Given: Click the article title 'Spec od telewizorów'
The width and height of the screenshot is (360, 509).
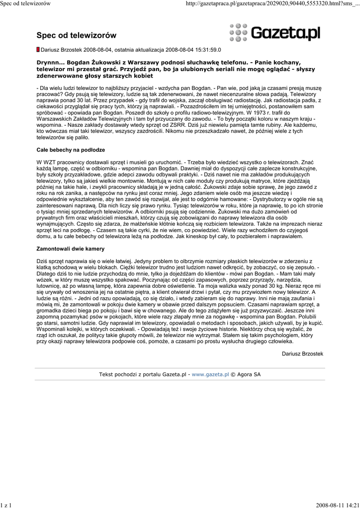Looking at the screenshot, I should coord(76,35).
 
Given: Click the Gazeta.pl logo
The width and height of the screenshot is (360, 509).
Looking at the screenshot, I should coord(274,33).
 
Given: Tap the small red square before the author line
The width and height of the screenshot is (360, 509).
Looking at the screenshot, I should coord(38,50).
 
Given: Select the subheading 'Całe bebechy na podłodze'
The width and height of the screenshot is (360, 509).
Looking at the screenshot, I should coord(71,150).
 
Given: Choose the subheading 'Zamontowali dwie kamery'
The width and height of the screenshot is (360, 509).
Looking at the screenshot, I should coord(71,248).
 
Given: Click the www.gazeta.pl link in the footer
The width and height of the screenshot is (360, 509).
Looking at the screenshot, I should coord(210,374).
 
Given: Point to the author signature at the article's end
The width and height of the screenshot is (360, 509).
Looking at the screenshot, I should coord(302,353).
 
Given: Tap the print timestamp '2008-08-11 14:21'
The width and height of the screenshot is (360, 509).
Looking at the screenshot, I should coord(337,505).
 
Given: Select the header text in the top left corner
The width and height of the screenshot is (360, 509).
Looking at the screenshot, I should coord(26,3).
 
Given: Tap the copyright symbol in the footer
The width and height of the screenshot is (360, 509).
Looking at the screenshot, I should coord(234,374).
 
